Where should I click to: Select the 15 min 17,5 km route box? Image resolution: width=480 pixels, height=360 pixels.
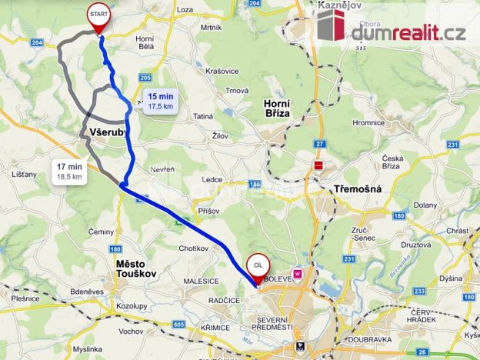click(162, 101)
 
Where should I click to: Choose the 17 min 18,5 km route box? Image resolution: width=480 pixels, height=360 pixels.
click(69, 171)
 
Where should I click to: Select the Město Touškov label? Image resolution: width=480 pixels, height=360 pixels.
click(135, 268)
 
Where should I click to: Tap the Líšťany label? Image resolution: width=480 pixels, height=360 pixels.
click(25, 175)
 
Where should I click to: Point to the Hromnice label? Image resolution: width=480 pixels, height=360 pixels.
click(368, 121)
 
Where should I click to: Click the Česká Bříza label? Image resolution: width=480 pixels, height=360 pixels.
click(400, 162)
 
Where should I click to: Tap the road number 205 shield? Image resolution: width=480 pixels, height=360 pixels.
click(146, 78)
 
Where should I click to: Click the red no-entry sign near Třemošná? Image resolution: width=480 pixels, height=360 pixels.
click(318, 165)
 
